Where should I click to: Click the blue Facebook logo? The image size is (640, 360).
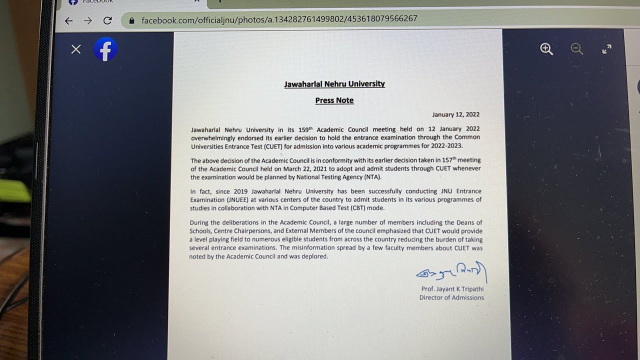[x=105, y=49]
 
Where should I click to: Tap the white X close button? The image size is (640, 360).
[x=76, y=49]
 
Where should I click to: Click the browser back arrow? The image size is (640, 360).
[x=69, y=20]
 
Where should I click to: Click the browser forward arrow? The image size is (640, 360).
[x=88, y=20]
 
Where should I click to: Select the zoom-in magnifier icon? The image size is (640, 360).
[x=546, y=49]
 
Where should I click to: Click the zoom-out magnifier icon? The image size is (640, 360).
[x=577, y=49]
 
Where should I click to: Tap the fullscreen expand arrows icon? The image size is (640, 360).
[x=606, y=49]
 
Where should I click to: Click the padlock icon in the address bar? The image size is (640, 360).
[x=132, y=20]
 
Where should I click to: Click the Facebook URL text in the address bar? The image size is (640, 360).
[x=279, y=19]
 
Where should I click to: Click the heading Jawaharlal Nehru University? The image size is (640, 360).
[x=334, y=84]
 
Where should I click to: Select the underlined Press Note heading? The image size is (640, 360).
[x=334, y=100]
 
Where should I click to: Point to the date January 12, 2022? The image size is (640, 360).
[x=455, y=114]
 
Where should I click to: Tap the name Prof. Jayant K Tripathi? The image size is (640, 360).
[x=452, y=289]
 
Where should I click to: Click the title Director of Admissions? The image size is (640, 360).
[x=451, y=297]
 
